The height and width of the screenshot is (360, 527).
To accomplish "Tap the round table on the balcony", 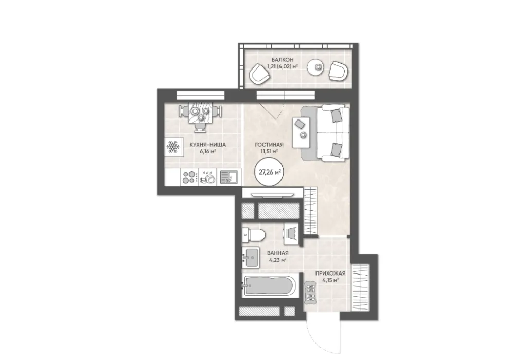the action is tap(317, 67).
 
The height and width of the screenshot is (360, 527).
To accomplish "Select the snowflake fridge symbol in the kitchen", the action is tap(173, 146).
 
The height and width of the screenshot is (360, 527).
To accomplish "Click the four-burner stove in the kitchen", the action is tap(189, 177).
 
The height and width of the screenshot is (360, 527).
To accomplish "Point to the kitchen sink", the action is tap(229, 177).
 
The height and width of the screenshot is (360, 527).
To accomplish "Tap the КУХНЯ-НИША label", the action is tap(208, 145).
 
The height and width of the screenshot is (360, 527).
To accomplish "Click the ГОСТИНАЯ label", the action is tap(269, 145).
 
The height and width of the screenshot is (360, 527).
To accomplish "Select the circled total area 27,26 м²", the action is tap(270, 172).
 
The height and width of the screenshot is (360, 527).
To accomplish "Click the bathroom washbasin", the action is tap(251, 258).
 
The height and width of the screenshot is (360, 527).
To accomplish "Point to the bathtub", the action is tap(269, 286).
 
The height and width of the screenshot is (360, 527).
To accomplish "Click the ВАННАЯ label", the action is tap(278, 253).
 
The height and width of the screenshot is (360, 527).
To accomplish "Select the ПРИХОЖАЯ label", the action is tap(330, 273).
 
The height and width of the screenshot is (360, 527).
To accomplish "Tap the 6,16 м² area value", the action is tap(208, 151).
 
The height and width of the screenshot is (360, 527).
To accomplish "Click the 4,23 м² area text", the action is tap(278, 260).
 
